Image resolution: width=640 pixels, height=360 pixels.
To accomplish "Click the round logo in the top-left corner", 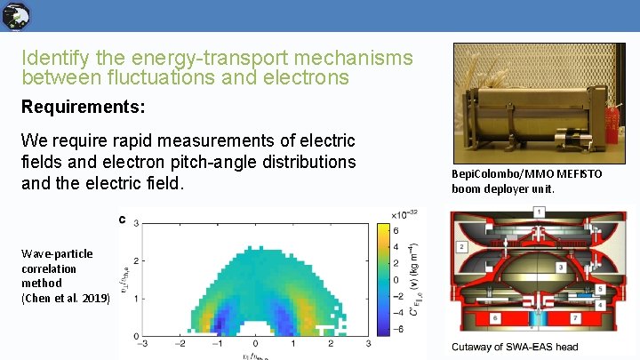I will (16, 15).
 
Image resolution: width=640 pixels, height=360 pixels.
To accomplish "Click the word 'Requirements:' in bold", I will (84, 107).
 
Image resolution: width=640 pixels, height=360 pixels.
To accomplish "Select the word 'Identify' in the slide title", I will (52, 59).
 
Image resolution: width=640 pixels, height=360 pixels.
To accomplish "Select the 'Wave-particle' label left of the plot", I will (57, 253).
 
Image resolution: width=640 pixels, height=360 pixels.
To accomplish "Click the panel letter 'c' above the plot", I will (122, 219).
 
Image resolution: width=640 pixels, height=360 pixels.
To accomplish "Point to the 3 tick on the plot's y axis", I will (134, 224).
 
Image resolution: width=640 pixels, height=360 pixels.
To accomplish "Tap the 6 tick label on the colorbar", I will (395, 230).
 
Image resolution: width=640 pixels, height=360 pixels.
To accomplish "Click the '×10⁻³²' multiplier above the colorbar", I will (404, 213).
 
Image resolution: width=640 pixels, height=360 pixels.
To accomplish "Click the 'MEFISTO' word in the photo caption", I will (580, 174).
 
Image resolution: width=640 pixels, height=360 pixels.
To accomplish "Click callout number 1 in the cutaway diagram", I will (539, 212).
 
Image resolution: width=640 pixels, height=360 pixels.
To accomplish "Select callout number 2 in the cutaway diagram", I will (462, 246).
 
